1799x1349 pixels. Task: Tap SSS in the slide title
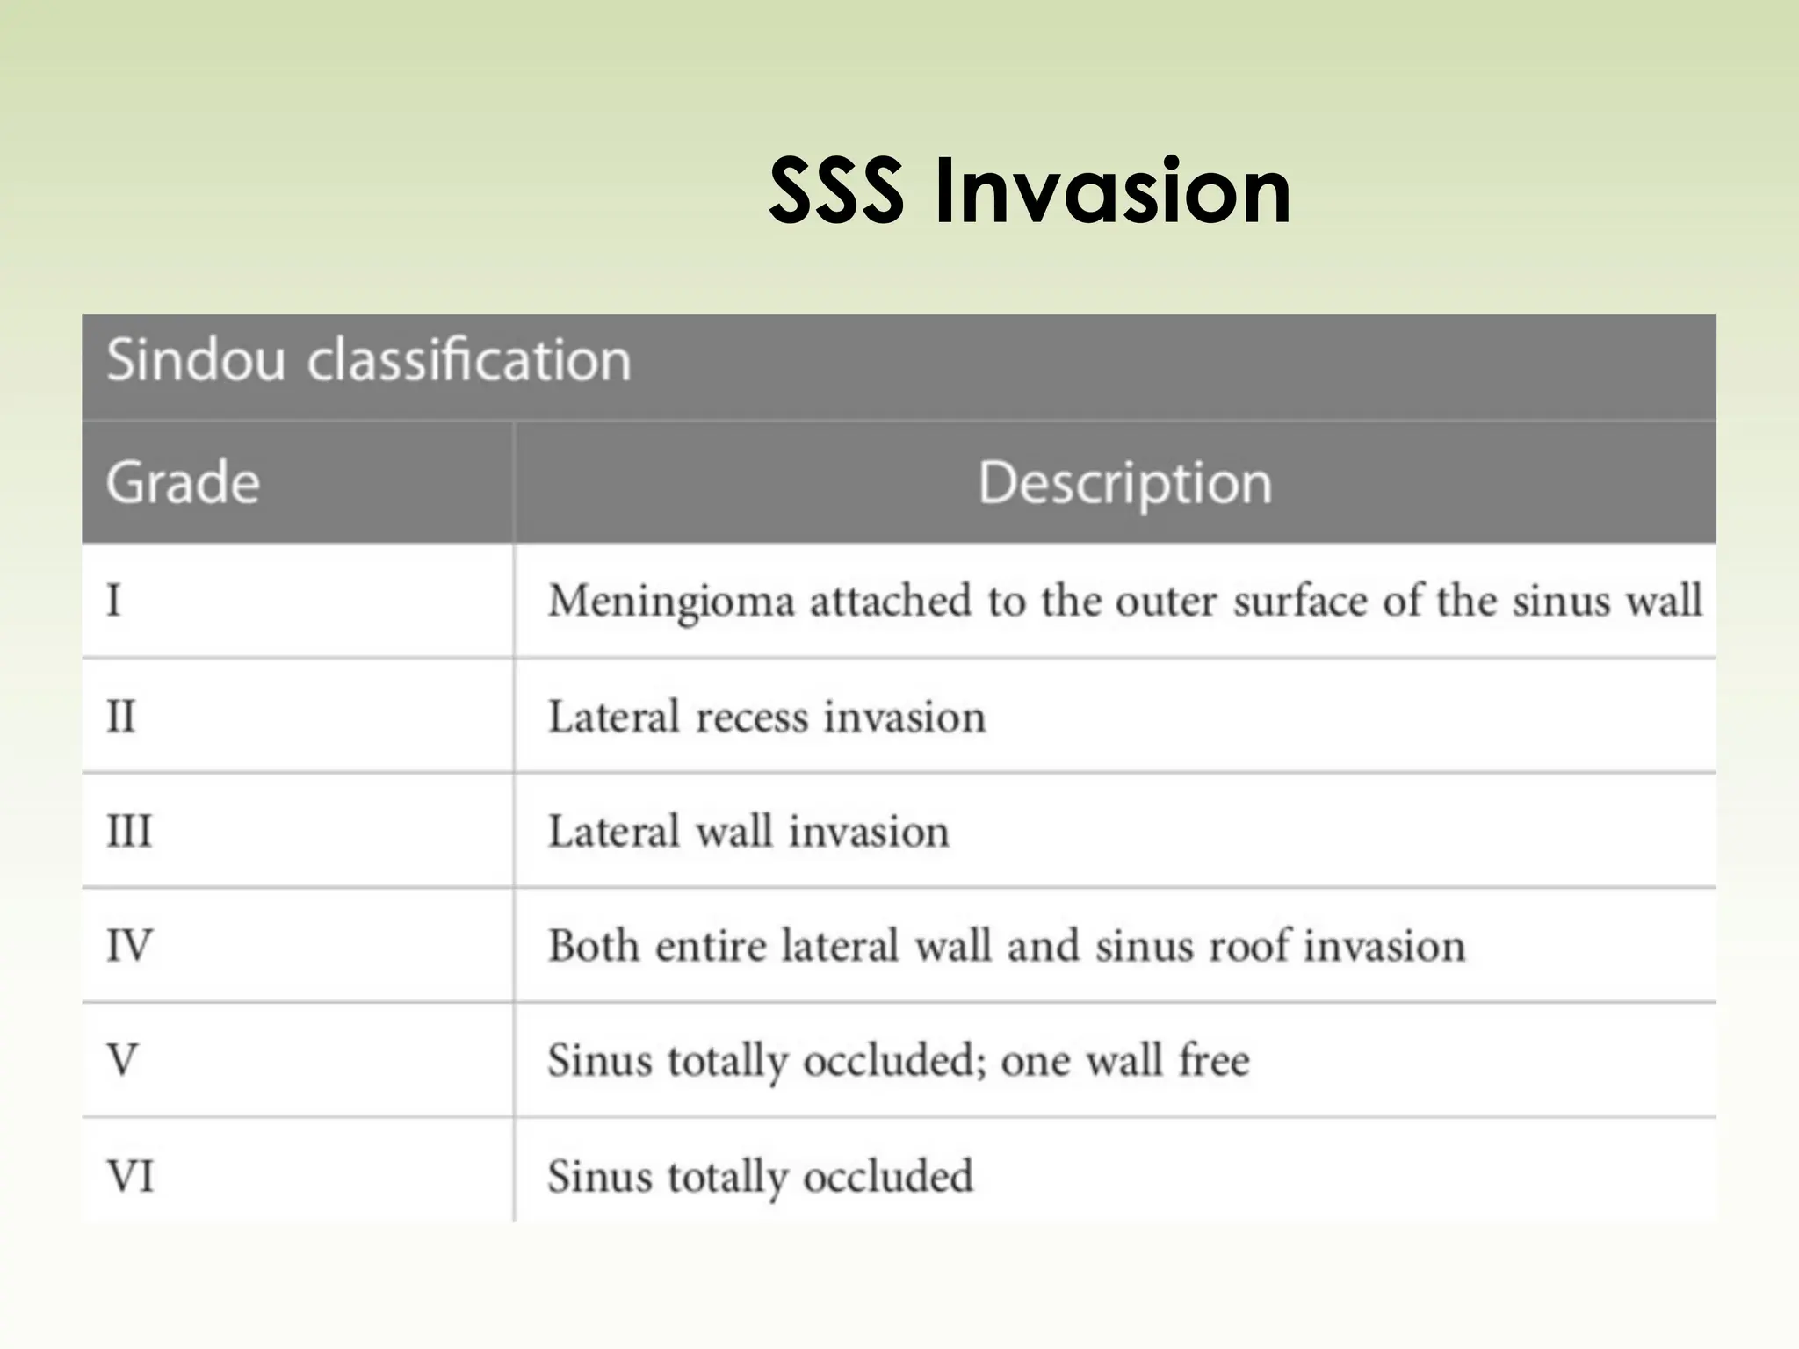[835, 191]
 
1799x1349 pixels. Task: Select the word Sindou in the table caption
[196, 360]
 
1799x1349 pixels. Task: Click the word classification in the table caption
[469, 360]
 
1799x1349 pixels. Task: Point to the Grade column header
[183, 483]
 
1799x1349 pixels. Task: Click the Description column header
[1124, 483]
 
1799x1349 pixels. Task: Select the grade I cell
[114, 602]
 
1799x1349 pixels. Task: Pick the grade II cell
[121, 717]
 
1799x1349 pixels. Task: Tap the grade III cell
[129, 831]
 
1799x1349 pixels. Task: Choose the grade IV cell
[129, 946]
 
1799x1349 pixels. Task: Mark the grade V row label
[122, 1060]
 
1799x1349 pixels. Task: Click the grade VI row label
[130, 1176]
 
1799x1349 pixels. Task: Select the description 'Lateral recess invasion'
[766, 717]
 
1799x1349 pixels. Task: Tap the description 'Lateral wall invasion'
[748, 831]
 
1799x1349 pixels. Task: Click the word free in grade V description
[1214, 1060]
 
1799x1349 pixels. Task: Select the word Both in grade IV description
[593, 946]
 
